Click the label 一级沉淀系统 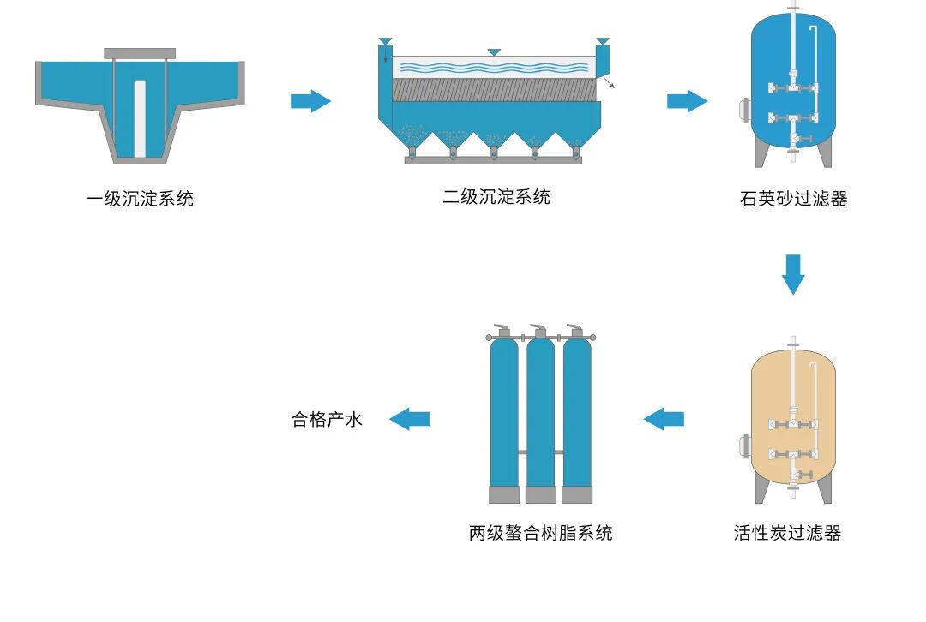[x=140, y=200]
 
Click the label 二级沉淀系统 [x=496, y=198]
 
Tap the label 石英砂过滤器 [x=793, y=200]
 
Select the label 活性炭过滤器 [x=787, y=533]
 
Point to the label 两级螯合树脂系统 [x=540, y=533]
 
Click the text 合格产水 [x=328, y=420]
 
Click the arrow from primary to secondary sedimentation [x=310, y=101]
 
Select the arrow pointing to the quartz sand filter [x=687, y=101]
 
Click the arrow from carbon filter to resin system [x=664, y=419]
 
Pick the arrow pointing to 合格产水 [x=409, y=419]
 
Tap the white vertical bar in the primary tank [x=140, y=118]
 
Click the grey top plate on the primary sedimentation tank [x=140, y=53]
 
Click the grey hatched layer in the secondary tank [x=494, y=90]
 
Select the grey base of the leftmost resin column [x=504, y=494]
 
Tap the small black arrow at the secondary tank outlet [x=609, y=83]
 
